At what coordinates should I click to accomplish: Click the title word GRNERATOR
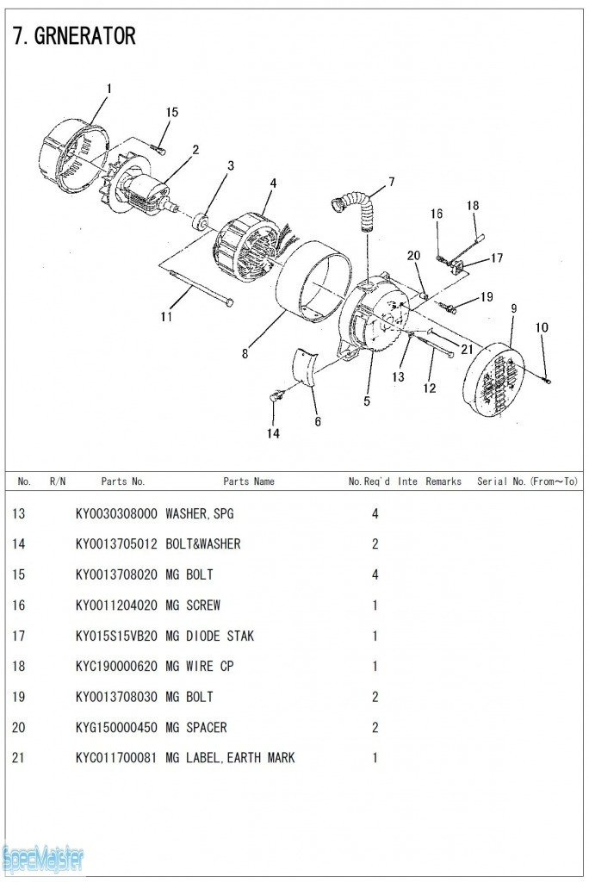85,36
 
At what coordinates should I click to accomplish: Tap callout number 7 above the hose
391,182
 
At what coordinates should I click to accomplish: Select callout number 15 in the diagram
172,113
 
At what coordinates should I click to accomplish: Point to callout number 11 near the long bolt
166,317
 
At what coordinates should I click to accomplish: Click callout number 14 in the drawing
272,433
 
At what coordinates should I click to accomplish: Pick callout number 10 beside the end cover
542,327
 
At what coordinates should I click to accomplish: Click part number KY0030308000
116,514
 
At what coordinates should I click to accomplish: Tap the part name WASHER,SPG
199,514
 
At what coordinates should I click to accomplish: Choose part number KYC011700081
116,758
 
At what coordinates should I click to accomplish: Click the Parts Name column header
249,481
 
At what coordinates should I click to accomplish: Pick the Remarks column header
443,481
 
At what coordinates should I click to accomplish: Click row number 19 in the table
19,697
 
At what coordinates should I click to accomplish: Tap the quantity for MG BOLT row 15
375,575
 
